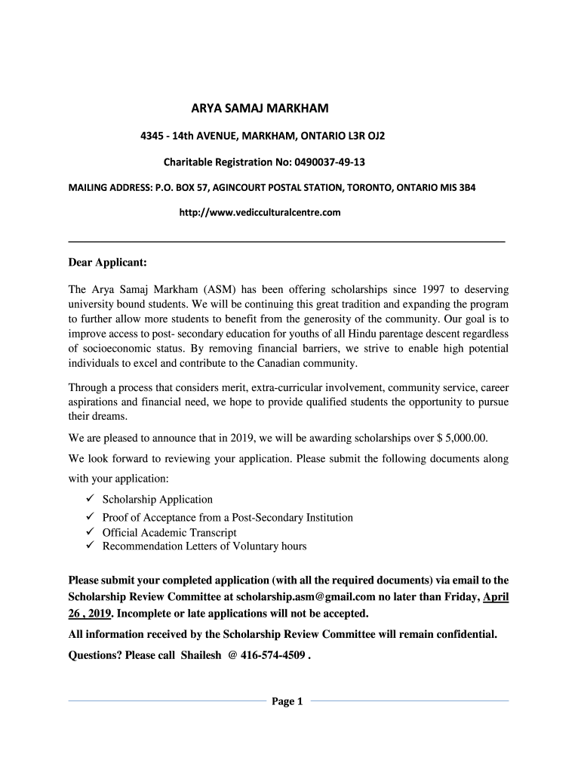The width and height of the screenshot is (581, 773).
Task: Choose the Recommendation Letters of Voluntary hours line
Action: [204, 546]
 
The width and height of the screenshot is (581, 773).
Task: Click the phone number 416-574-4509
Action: [273, 655]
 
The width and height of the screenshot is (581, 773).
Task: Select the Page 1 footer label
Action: [287, 702]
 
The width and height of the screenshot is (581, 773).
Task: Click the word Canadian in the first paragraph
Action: [290, 363]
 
